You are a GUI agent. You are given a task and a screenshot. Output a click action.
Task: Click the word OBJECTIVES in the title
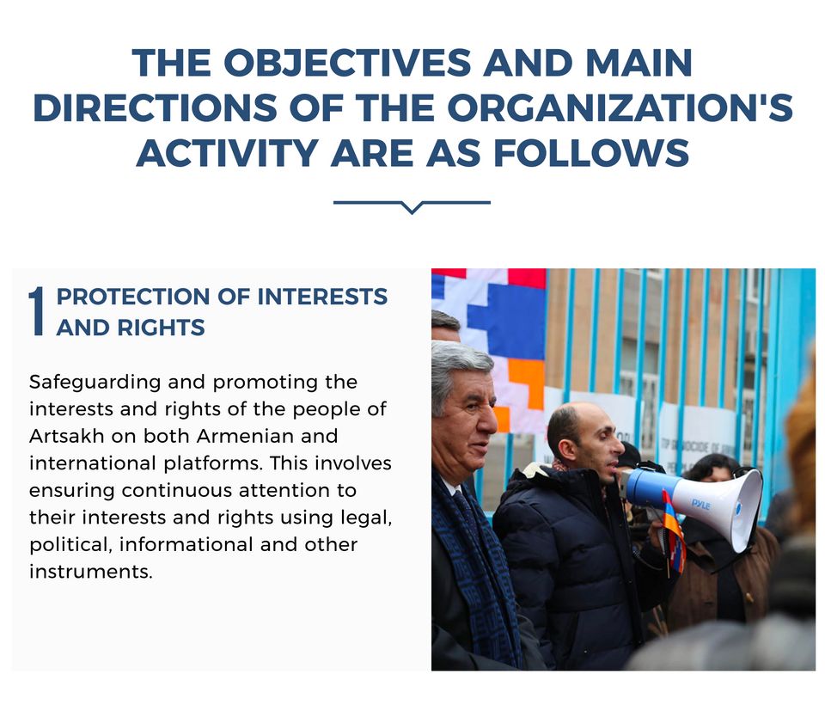pyautogui.click(x=347, y=63)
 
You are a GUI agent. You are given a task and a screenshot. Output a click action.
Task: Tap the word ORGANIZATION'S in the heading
pyautogui.click(x=620, y=107)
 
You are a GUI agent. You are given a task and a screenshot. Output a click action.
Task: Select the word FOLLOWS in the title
pyautogui.click(x=591, y=153)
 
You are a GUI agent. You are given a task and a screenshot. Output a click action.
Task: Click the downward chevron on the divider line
pyautogui.click(x=412, y=207)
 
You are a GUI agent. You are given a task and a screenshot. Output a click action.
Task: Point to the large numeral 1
pyautogui.click(x=36, y=311)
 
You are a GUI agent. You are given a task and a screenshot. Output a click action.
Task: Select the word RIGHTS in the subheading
pyautogui.click(x=161, y=328)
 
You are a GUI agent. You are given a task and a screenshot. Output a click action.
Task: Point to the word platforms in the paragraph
pyautogui.click(x=212, y=464)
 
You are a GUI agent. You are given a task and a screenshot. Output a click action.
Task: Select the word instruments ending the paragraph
pyautogui.click(x=91, y=572)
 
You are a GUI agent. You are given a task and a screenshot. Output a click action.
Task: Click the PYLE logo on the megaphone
pyautogui.click(x=700, y=505)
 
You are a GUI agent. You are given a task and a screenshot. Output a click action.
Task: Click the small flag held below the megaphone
pyautogui.click(x=674, y=531)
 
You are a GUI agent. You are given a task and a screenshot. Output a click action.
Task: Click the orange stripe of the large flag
pyautogui.click(x=526, y=383)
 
